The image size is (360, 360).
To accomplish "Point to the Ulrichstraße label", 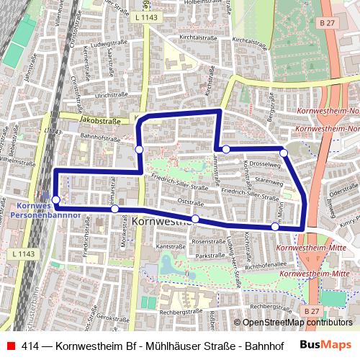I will (111, 94).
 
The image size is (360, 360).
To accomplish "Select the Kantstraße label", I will (166, 246).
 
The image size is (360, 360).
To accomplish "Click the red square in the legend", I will (9, 346).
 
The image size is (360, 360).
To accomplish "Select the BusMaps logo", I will (325, 346).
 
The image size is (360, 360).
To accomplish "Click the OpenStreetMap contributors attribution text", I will (297, 323).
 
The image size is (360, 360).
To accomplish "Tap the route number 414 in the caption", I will (30, 346).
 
